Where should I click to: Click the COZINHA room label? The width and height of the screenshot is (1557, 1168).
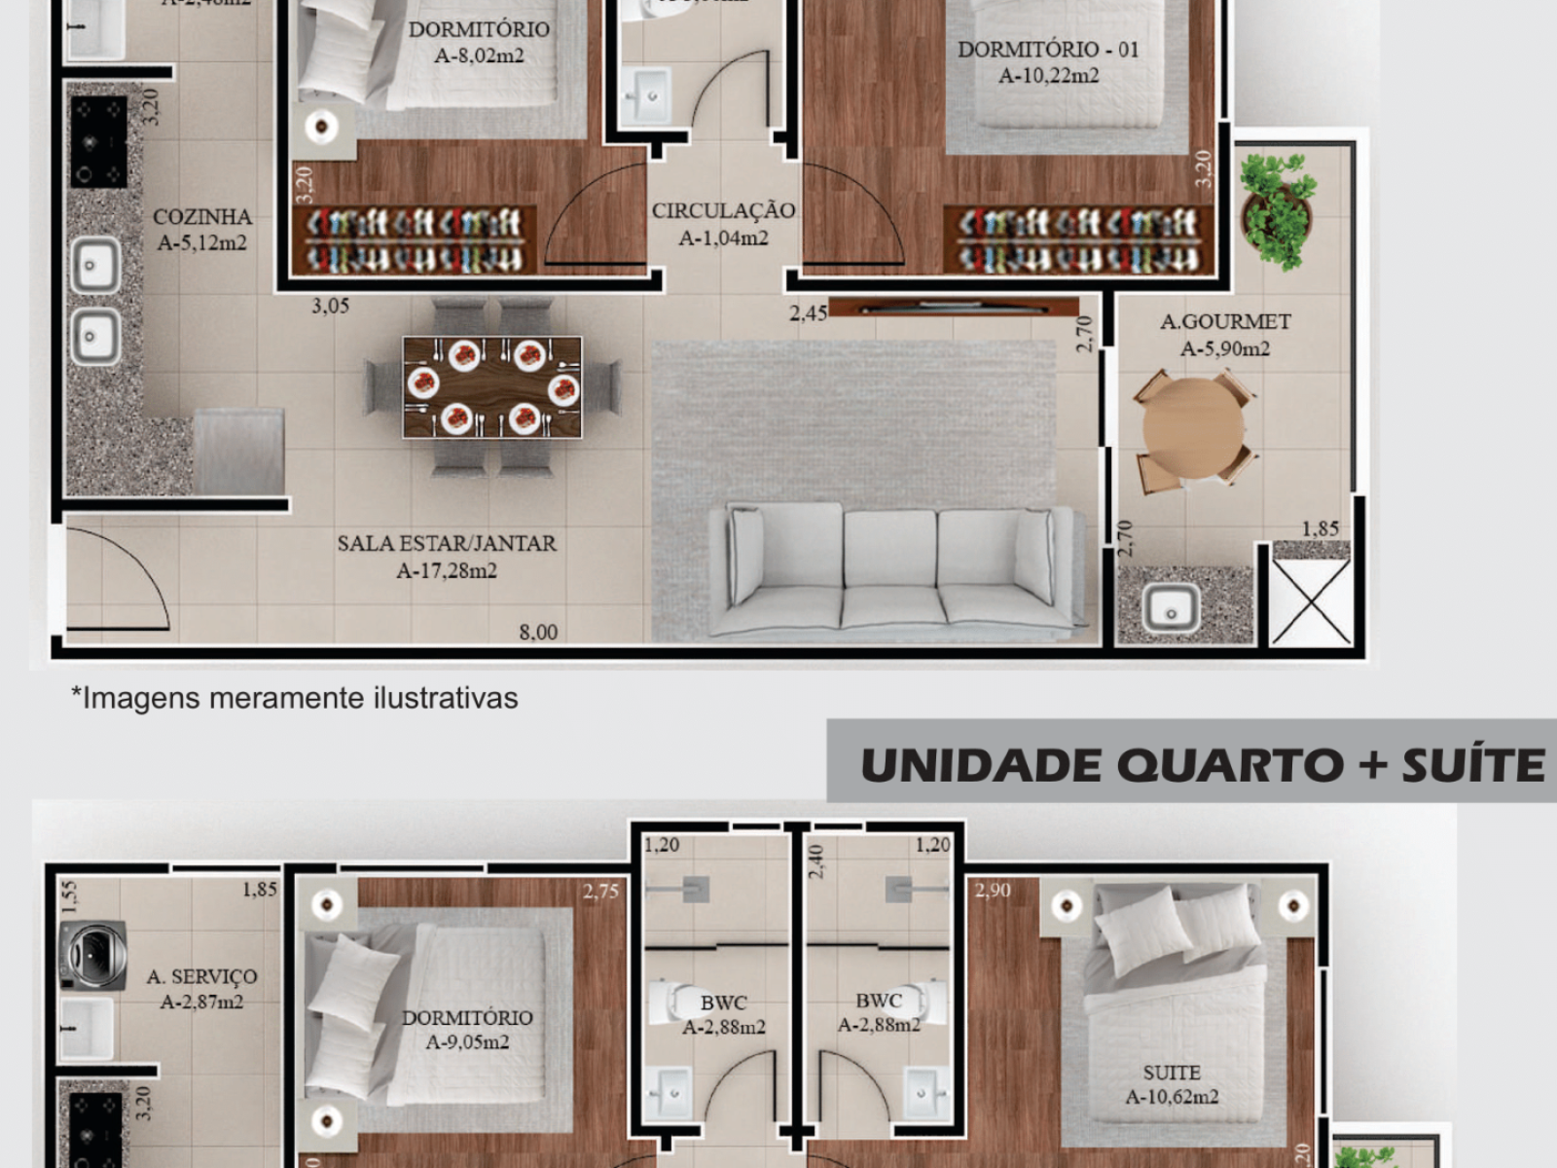coord(202,217)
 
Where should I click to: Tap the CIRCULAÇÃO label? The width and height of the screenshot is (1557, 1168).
coord(723,210)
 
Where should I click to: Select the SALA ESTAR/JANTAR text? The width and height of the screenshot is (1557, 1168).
coord(447,543)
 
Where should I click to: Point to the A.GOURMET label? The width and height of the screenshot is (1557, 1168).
coord(1225,321)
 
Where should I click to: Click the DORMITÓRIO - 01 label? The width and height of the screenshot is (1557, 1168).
coord(1048,50)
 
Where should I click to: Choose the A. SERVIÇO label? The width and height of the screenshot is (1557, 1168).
coord(201,976)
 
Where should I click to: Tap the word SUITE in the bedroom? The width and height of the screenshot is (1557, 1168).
coord(1172,1073)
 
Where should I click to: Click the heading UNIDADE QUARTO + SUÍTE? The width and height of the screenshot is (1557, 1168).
coord(1202,765)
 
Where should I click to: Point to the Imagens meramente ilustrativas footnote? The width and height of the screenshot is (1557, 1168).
coord(295,698)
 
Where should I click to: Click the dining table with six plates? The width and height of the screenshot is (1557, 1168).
coord(492,386)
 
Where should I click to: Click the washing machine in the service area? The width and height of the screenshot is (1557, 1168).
coord(92,955)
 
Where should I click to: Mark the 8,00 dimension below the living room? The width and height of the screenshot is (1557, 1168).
coord(538,633)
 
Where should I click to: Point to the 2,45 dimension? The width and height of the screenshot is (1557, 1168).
coord(808,313)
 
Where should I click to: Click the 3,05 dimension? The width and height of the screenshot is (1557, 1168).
coord(330,306)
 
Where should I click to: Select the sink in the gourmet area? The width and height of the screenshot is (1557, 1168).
coord(1171,608)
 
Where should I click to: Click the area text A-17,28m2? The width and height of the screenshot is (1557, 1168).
coord(447,571)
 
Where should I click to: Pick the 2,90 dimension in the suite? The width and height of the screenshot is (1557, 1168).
coord(993,890)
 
